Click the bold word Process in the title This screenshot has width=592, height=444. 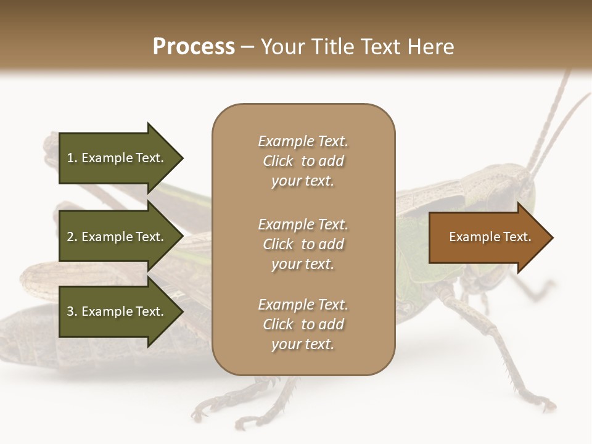click(x=194, y=47)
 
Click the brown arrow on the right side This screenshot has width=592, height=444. click(x=487, y=237)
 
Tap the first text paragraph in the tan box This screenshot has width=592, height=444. click(x=303, y=161)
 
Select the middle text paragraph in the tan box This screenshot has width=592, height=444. click(x=303, y=244)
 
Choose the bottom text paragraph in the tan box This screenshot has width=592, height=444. click(x=303, y=324)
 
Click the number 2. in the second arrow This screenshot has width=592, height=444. click(x=72, y=237)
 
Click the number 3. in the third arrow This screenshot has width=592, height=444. click(x=72, y=311)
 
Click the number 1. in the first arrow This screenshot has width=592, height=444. click(x=72, y=158)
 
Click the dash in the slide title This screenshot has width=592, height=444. click(x=248, y=47)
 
